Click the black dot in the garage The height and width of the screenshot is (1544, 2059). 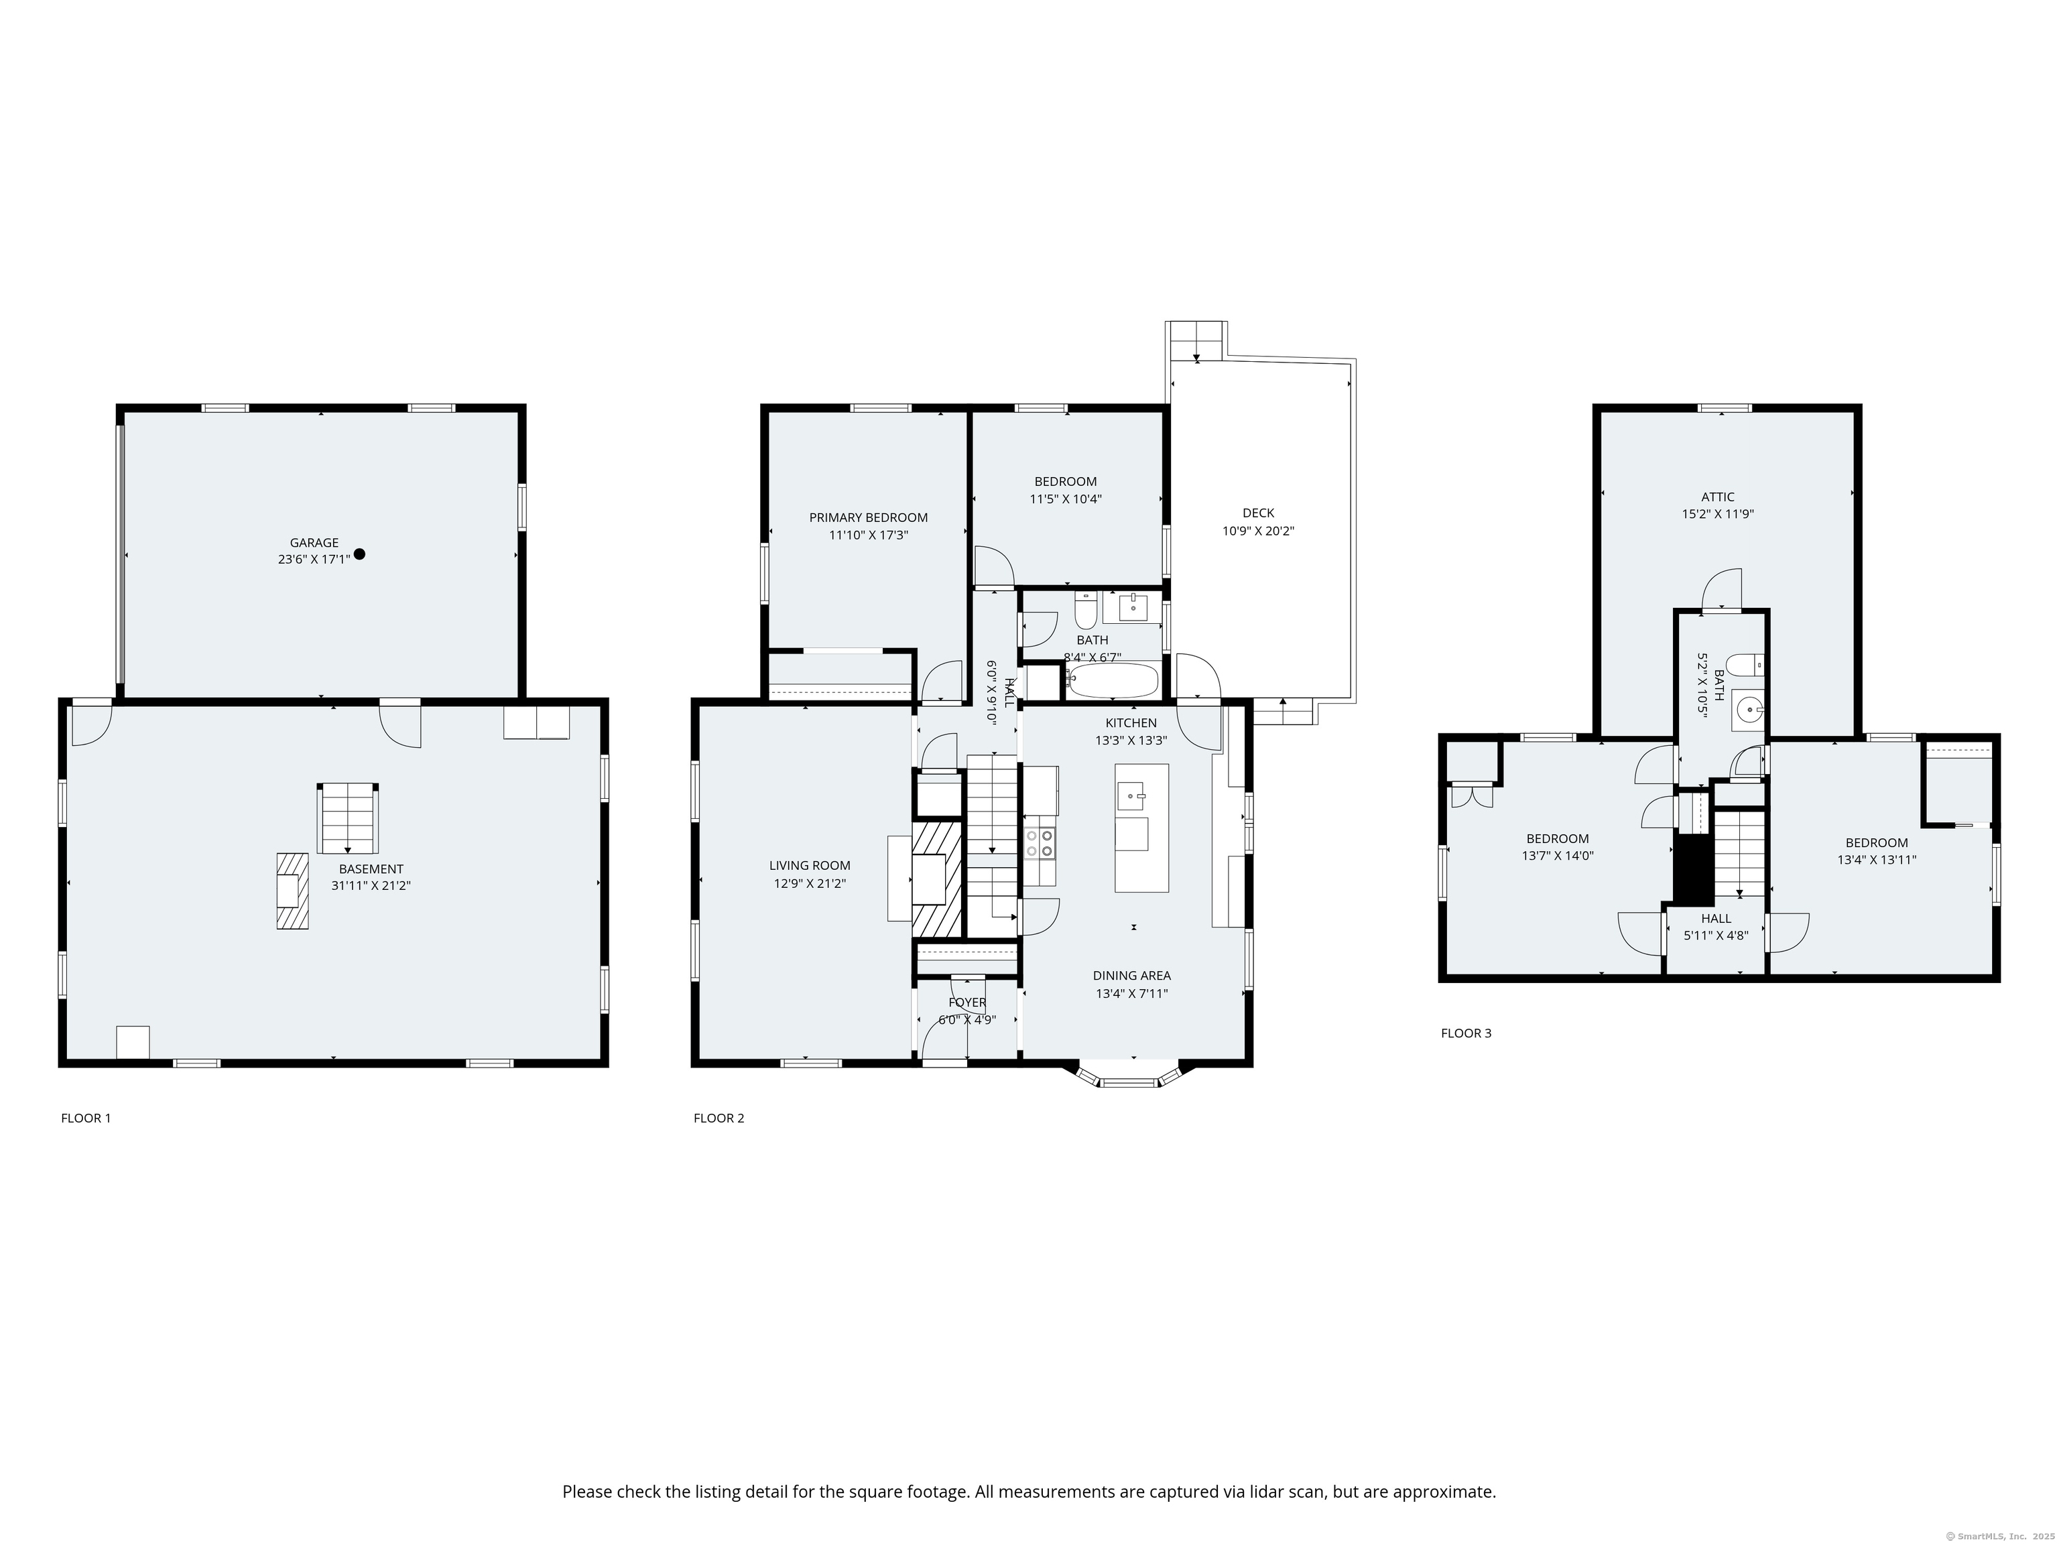point(359,554)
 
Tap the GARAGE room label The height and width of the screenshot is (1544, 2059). point(314,543)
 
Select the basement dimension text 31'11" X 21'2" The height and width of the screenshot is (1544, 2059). point(371,886)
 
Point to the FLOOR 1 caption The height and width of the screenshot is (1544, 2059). point(86,1118)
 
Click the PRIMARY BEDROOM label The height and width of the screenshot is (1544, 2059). point(869,517)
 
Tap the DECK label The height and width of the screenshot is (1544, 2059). point(1259,513)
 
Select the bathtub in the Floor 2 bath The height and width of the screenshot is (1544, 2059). point(1113,680)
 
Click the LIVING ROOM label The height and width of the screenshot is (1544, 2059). point(810,866)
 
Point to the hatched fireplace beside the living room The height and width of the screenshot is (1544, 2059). point(936,878)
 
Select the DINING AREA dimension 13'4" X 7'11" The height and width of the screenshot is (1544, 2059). point(1132,993)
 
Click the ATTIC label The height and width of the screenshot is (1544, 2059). point(1717,497)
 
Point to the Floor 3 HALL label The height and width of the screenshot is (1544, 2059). point(1716,919)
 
